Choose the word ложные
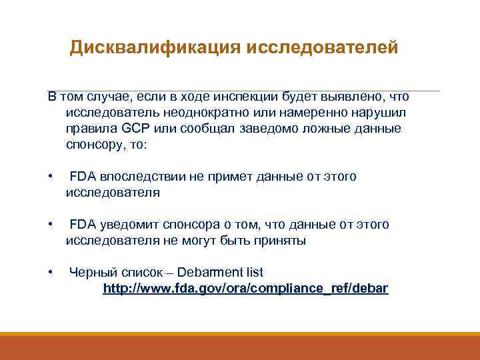click(325, 128)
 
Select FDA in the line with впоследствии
click(83, 177)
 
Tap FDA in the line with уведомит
click(83, 225)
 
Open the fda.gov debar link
click(245, 289)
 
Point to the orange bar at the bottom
click(240, 346)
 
